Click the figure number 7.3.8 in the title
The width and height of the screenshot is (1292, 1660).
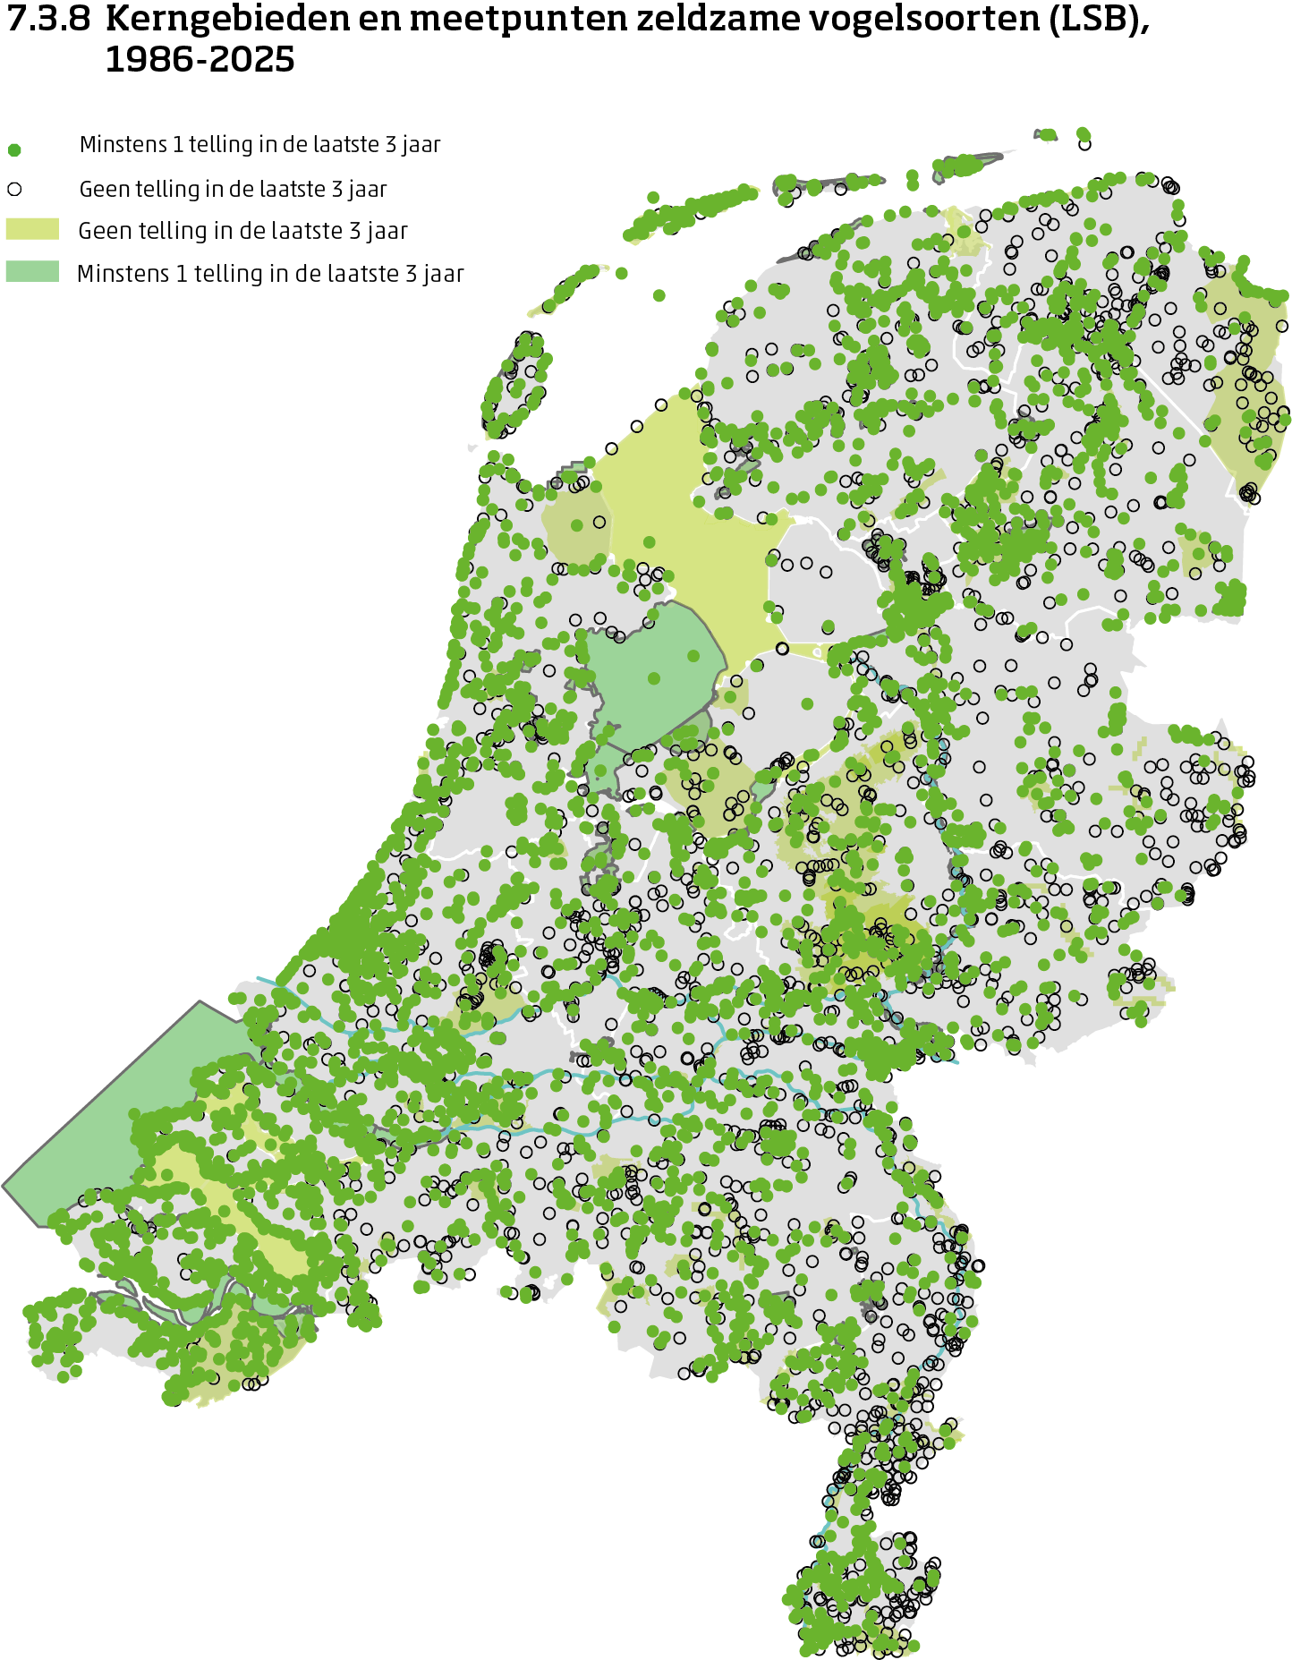(x=48, y=20)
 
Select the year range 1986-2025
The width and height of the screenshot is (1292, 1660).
(x=200, y=60)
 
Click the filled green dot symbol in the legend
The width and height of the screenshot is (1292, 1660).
(x=14, y=149)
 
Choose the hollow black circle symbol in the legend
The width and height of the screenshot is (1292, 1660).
(x=14, y=189)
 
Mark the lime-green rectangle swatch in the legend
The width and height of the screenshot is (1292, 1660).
(x=32, y=229)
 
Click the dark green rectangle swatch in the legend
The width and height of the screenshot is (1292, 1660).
(x=32, y=271)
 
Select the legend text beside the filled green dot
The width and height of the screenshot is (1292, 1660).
(x=259, y=145)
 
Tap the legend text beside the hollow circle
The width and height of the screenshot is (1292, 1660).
(x=233, y=189)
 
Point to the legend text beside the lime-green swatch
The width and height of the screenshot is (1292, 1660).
(x=242, y=231)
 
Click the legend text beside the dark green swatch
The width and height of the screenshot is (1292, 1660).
(x=270, y=274)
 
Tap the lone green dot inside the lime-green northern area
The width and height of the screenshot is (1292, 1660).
(x=650, y=542)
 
